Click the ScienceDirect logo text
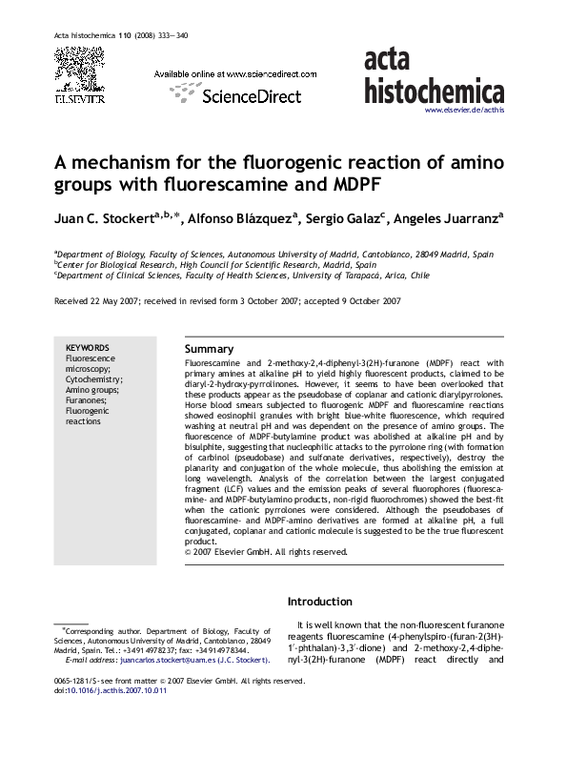(x=252, y=95)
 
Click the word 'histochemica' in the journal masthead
(x=435, y=91)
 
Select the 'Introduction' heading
(x=320, y=602)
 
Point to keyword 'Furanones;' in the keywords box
(x=86, y=400)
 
